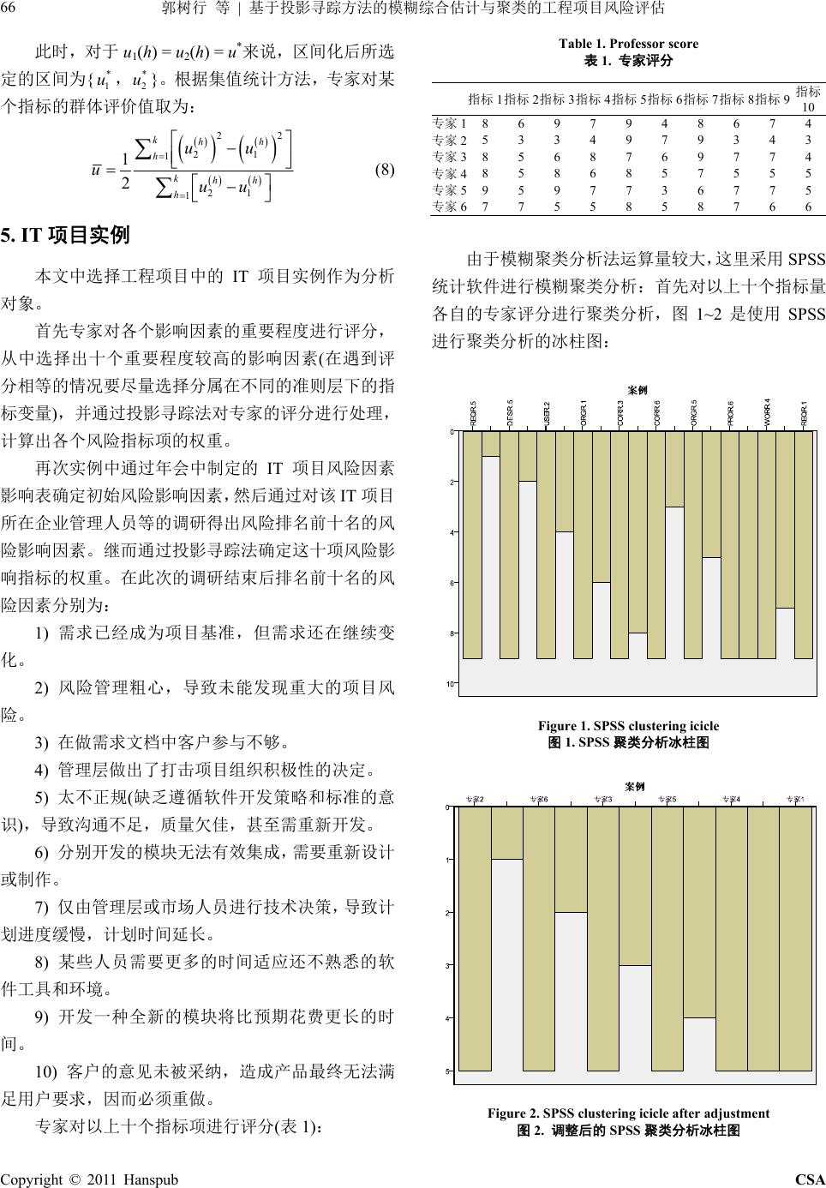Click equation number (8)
(385, 169)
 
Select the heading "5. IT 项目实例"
(68, 233)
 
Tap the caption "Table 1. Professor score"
(628, 44)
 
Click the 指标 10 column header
(808, 98)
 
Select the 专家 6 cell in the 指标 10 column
(808, 206)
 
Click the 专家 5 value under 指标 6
(664, 189)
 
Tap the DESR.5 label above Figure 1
(510, 412)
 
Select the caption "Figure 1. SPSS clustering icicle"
(628, 726)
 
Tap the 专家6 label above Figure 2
(539, 800)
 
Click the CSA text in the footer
(810, 1179)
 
